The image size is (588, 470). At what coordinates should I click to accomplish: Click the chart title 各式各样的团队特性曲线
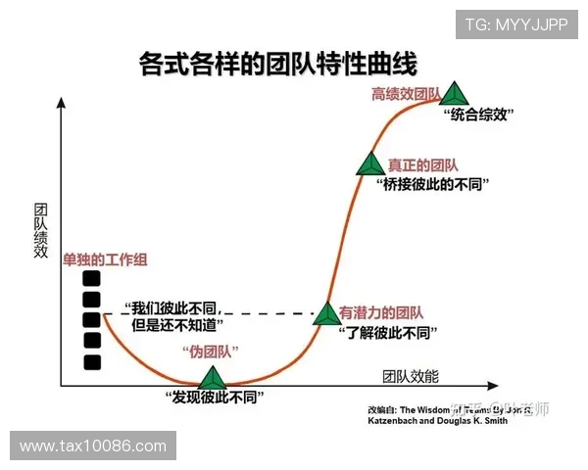pyautogui.click(x=278, y=64)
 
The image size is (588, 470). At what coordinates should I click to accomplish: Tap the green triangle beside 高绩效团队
pyautogui.click(x=454, y=94)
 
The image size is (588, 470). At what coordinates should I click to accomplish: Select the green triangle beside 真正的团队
pyautogui.click(x=370, y=164)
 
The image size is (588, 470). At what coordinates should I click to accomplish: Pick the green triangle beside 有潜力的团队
pyautogui.click(x=325, y=313)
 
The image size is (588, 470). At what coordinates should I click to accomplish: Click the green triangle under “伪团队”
pyautogui.click(x=212, y=378)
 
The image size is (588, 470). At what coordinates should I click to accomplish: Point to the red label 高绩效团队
pyautogui.click(x=405, y=94)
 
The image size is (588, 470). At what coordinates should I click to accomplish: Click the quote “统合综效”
pyautogui.click(x=479, y=115)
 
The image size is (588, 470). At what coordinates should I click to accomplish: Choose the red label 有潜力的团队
pyautogui.click(x=381, y=313)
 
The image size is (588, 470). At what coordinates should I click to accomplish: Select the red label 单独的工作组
pyautogui.click(x=105, y=258)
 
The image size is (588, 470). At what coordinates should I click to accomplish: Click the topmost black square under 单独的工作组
pyautogui.click(x=92, y=278)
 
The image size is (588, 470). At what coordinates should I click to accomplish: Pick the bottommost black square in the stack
pyautogui.click(x=92, y=362)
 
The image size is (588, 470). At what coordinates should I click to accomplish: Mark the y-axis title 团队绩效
pyautogui.click(x=41, y=231)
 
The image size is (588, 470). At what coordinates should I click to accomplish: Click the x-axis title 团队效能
pyautogui.click(x=411, y=376)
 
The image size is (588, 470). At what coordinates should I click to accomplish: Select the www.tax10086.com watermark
pyautogui.click(x=92, y=446)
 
